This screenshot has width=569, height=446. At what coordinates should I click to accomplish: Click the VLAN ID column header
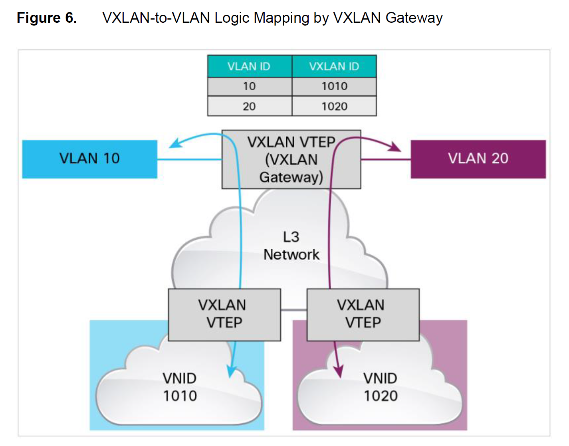(249, 66)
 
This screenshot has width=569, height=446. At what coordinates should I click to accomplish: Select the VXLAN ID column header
(334, 66)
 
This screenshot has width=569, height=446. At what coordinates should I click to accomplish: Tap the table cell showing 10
(249, 86)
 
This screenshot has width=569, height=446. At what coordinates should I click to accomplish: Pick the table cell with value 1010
(334, 86)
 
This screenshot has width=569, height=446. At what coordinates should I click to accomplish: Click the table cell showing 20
(249, 107)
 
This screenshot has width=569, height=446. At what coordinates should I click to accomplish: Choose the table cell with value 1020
(334, 107)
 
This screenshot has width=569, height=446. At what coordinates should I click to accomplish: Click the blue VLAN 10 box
(89, 159)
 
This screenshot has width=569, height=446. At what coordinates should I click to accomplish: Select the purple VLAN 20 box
(478, 159)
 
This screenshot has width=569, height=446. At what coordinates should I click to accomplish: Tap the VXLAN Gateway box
(291, 160)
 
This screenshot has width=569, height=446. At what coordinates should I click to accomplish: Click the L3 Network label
(291, 246)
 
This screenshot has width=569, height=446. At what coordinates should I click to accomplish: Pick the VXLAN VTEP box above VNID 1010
(224, 314)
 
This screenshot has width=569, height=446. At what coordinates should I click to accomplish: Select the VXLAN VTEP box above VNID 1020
(363, 314)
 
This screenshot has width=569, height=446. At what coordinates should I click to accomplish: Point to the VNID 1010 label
(180, 387)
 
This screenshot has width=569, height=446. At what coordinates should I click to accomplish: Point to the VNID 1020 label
(380, 387)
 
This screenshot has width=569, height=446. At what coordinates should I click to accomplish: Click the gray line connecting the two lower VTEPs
(293, 309)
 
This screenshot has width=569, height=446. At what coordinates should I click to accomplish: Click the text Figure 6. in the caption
(47, 18)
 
